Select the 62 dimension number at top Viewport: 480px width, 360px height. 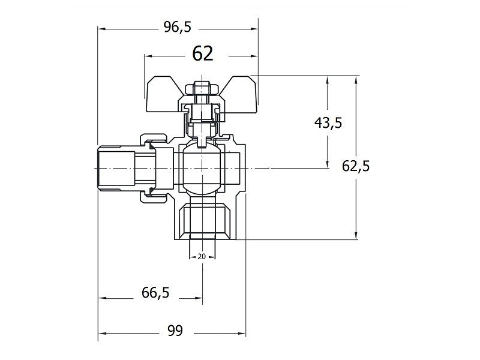coord(203,55)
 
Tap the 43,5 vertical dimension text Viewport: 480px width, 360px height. coord(328,123)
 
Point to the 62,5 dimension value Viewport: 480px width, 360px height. coord(356,166)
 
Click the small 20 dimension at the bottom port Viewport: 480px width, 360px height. coord(202,257)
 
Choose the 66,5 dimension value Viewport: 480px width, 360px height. coord(155,293)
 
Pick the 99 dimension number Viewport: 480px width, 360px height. coord(175,331)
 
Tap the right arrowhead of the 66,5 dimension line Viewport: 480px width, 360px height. coord(198,297)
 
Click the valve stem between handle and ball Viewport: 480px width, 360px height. coord(202,129)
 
